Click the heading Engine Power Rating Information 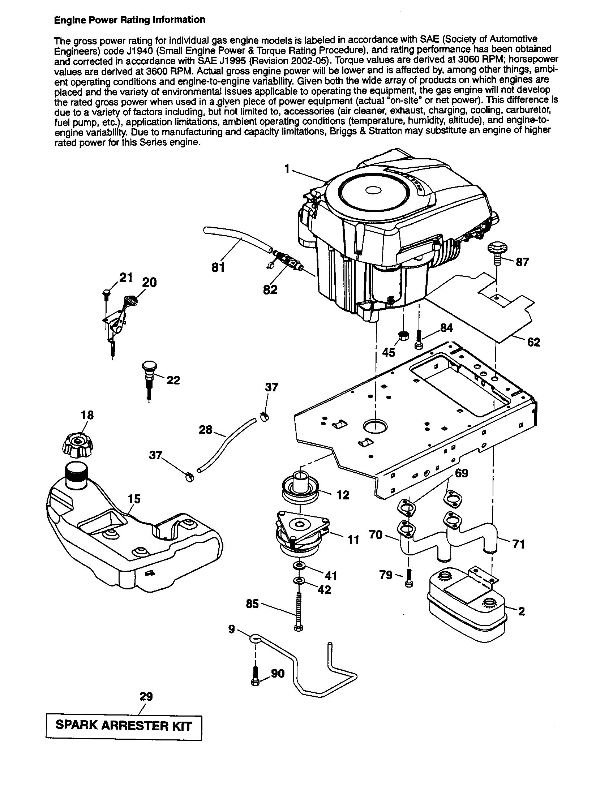click(x=130, y=20)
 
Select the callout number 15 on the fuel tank click(x=134, y=499)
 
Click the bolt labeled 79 click(x=409, y=578)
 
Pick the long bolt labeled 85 click(x=298, y=611)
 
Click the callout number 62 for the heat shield click(x=533, y=342)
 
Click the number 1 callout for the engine click(x=287, y=168)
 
